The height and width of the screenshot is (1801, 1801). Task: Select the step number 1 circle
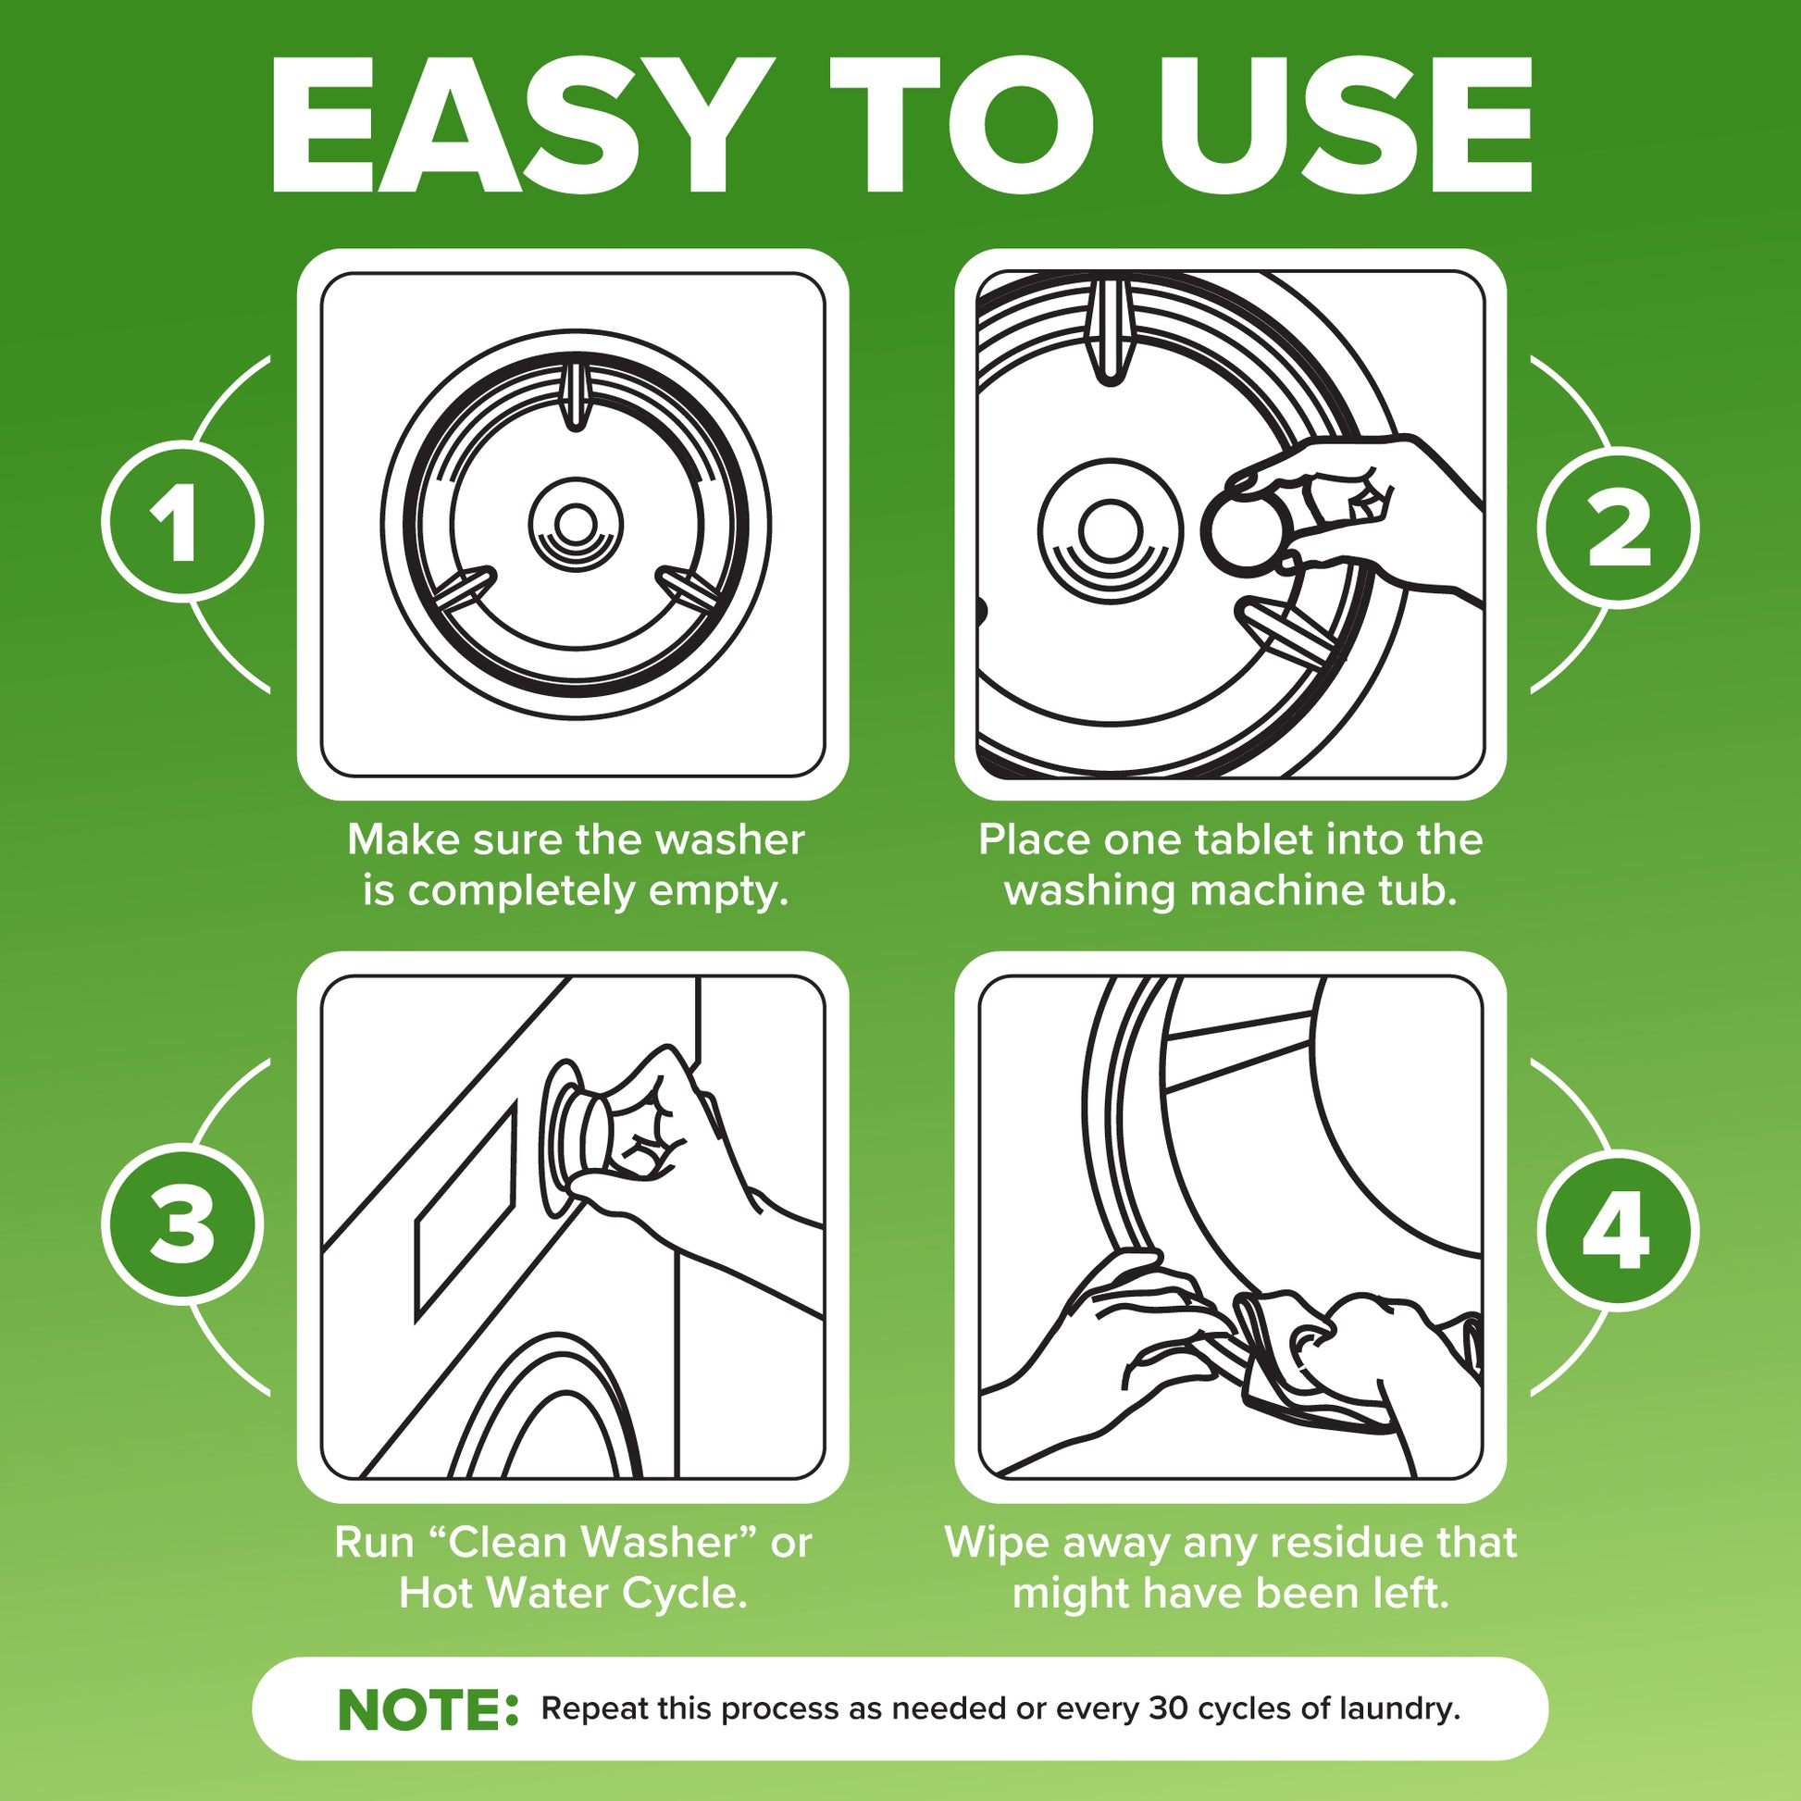pos(181,523)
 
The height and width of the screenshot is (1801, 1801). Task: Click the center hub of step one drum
pos(575,523)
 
